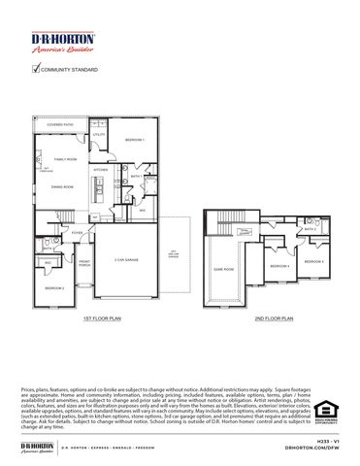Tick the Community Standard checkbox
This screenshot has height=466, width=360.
(36, 70)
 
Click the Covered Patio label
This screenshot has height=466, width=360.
(60, 125)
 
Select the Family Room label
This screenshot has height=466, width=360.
(64, 158)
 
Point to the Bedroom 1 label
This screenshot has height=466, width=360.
(135, 140)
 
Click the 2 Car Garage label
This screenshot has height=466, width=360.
(127, 259)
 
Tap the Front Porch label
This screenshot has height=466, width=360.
(83, 263)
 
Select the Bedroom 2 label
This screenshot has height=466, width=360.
(54, 288)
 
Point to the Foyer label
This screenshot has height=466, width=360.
(77, 233)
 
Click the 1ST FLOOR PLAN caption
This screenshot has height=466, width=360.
(101, 317)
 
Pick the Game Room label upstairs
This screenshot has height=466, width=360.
(223, 270)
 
